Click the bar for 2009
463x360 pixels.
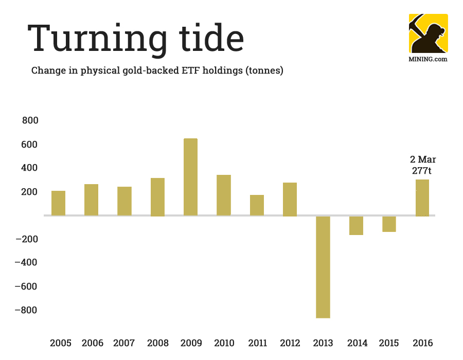pos(190,177)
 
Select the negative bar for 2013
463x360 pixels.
pos(323,267)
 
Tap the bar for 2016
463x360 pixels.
pos(422,197)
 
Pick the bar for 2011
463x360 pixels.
pos(257,205)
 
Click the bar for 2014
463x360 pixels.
pos(356,225)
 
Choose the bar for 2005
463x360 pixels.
pos(58,203)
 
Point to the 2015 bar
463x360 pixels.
pos(389,224)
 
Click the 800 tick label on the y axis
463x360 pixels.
pos(30,120)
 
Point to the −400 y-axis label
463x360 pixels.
pos(27,263)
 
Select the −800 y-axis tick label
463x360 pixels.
pos(27,310)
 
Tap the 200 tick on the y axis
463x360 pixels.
pos(30,192)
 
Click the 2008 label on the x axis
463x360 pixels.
pos(157,343)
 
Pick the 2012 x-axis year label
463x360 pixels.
pos(290,343)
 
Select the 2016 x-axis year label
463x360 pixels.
pos(422,343)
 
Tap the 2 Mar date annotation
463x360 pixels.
pos(423,159)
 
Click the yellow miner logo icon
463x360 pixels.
pos(428,33)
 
